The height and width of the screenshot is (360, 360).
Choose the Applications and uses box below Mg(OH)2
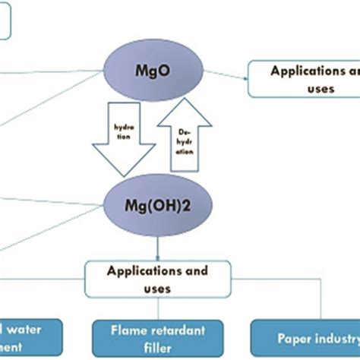[x=158, y=279]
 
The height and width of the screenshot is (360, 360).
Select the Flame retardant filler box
[x=158, y=337]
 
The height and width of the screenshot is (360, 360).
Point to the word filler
[x=158, y=346]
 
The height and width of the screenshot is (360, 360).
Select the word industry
[x=330, y=336]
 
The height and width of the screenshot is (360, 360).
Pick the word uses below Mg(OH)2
[x=158, y=289]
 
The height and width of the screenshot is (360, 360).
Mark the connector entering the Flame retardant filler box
[x=158, y=308]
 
